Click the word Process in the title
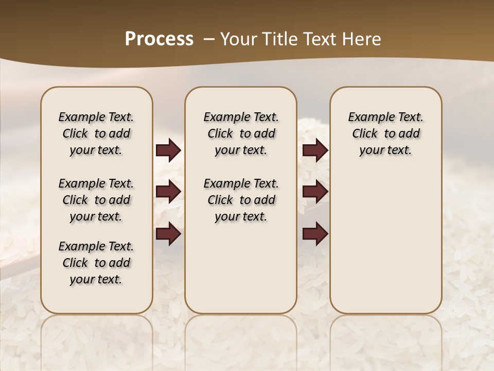click(x=159, y=39)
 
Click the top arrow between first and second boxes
click(x=168, y=150)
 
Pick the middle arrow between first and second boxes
click(x=168, y=192)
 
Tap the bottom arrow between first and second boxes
click(x=168, y=234)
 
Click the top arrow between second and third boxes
click(x=315, y=150)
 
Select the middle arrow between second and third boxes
click(x=315, y=192)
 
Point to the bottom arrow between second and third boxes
click(x=315, y=234)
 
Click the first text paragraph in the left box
click(x=96, y=133)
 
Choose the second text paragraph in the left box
click(x=96, y=200)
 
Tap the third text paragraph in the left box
click(x=96, y=263)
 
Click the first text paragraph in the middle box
click(x=241, y=133)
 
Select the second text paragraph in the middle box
click(x=241, y=200)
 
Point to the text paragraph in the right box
click(x=385, y=133)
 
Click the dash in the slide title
click(x=208, y=39)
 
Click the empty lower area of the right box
click(x=385, y=242)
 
